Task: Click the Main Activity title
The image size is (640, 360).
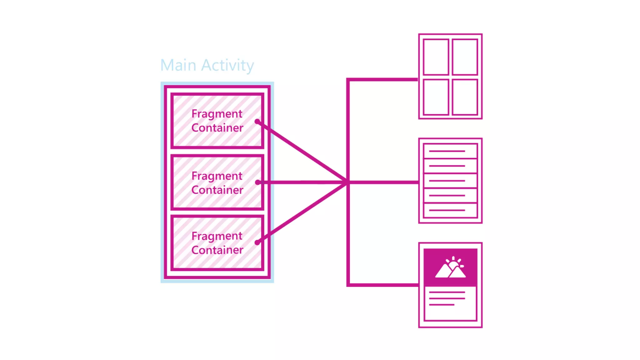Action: (207, 65)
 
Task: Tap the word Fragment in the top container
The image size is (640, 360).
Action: (217, 114)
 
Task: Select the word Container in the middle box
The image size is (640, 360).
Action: (217, 190)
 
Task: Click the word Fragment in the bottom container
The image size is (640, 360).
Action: (217, 236)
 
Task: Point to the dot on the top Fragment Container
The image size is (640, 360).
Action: (257, 121)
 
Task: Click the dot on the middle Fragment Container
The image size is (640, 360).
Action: (257, 182)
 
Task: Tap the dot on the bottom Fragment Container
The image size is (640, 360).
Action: (257, 242)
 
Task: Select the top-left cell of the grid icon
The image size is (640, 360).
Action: (436, 57)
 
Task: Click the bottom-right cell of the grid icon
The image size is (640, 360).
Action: (465, 97)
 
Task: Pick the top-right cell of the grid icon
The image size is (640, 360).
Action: (465, 57)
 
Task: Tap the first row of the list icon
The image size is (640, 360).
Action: (450, 151)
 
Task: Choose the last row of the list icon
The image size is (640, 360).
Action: (450, 210)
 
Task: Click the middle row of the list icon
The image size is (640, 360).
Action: (450, 181)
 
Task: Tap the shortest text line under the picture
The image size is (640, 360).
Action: (442, 305)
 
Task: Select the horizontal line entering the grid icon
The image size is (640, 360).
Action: (383, 80)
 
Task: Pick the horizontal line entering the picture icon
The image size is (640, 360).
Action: (383, 285)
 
